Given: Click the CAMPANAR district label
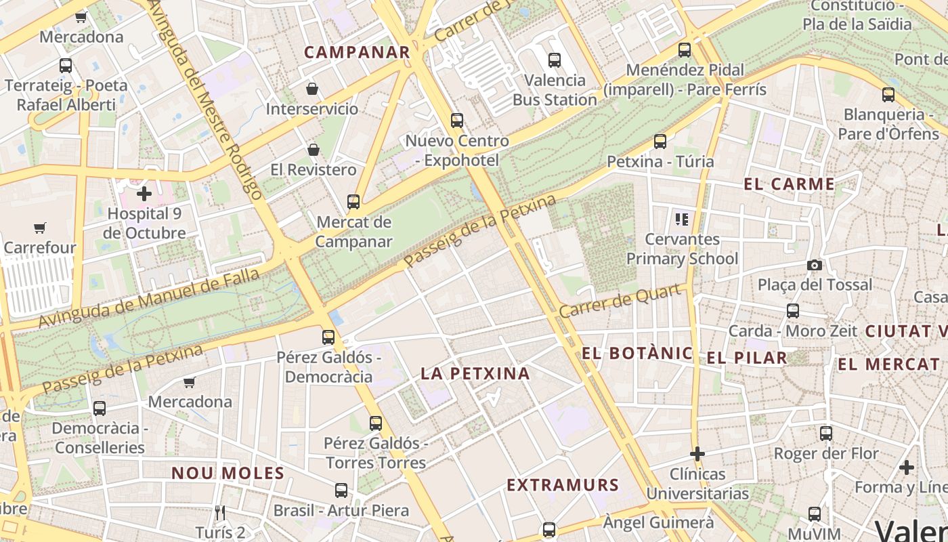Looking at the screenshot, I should click(x=357, y=52).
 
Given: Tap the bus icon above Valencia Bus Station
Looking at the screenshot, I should click(x=555, y=60).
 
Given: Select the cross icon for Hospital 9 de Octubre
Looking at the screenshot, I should click(x=144, y=194).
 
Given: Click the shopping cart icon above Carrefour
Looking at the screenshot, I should click(x=40, y=228).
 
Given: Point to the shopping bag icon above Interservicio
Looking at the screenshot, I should click(x=312, y=89).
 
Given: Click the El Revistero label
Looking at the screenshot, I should click(x=313, y=169).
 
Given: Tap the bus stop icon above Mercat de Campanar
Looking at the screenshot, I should click(x=353, y=201).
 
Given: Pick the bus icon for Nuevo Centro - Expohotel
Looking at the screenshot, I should click(x=457, y=121).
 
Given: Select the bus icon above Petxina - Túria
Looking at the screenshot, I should click(x=660, y=142).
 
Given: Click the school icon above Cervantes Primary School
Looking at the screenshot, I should click(x=682, y=219).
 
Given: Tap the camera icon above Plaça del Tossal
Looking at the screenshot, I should click(x=815, y=265).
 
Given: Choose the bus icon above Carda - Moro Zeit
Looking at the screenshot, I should click(x=793, y=311).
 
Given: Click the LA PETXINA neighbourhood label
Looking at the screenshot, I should click(x=475, y=373).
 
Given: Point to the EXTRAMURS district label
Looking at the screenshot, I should click(x=563, y=485).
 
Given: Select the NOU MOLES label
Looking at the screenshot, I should click(x=228, y=473).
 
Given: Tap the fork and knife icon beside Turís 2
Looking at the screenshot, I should click(x=219, y=512).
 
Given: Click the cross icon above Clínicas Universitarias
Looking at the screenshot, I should click(x=697, y=453).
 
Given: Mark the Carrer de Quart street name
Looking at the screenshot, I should click(x=620, y=301).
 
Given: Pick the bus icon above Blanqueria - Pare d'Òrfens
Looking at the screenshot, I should click(x=888, y=94).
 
